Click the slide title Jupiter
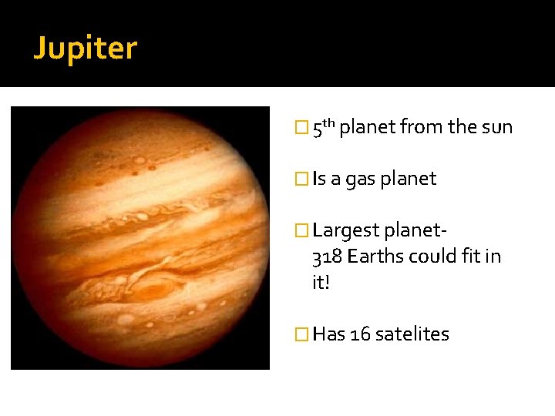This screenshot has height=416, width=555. (x=85, y=49)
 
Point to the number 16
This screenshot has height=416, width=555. (x=360, y=334)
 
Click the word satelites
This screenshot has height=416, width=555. (x=412, y=334)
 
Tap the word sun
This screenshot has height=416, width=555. (x=497, y=127)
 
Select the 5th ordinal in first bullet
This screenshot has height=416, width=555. (x=323, y=126)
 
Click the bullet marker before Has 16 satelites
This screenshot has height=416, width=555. (x=301, y=334)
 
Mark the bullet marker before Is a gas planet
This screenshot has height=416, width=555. (x=301, y=179)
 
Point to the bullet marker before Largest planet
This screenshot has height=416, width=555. (x=301, y=230)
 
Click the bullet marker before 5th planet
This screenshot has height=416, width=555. (x=301, y=128)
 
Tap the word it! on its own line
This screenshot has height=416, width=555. (x=321, y=283)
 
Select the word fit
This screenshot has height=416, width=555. (x=469, y=257)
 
